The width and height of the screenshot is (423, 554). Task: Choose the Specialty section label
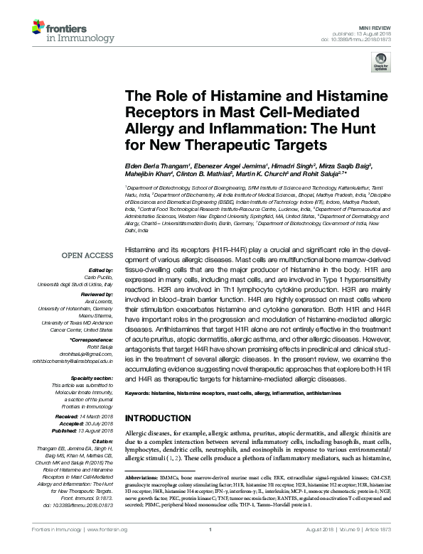coord(93,379)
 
